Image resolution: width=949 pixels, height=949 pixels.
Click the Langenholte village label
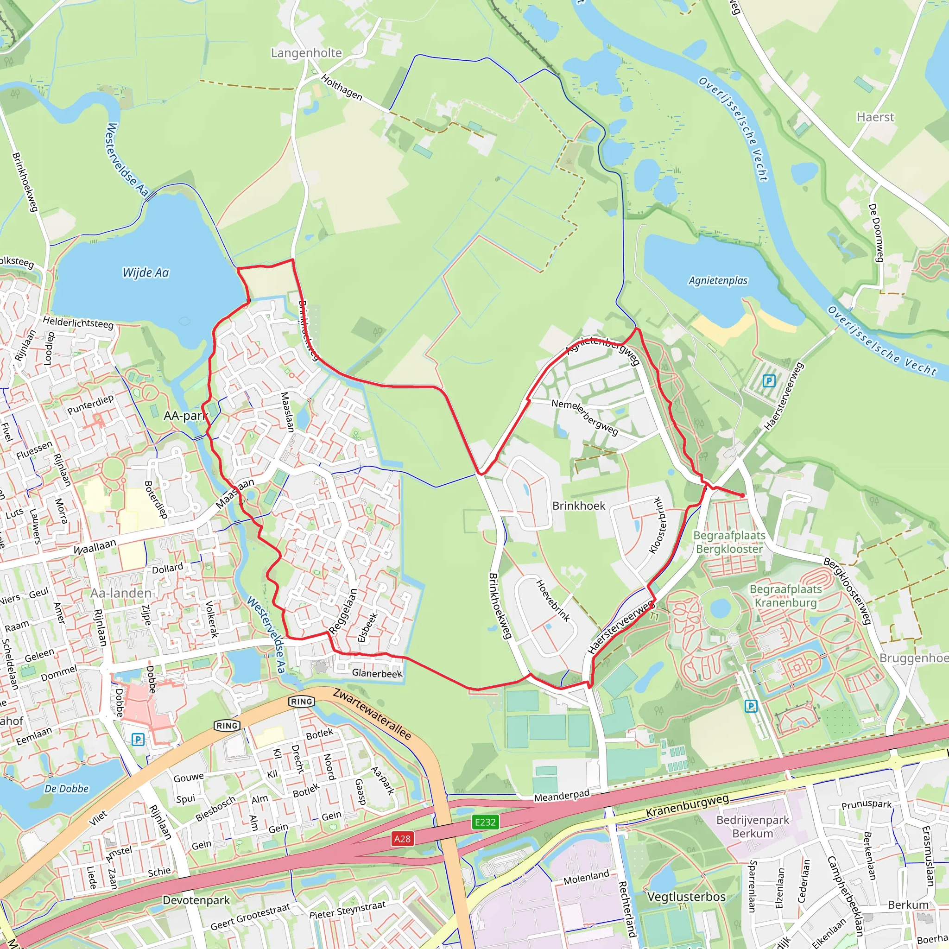coord(306,53)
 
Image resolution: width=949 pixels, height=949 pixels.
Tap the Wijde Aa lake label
coord(146,272)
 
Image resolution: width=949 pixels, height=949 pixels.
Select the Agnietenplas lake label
coord(718,280)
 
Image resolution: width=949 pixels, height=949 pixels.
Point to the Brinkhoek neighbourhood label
coord(579,506)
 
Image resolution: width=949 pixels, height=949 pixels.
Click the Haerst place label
coord(875,117)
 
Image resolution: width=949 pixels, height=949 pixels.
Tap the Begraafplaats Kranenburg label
coord(785,596)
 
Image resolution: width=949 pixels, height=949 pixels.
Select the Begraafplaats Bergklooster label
coord(729,542)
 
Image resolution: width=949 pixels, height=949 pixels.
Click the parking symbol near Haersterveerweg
coord(769,381)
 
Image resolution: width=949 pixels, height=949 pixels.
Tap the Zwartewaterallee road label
coord(372,714)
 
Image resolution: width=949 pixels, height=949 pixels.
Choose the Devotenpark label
coord(196,900)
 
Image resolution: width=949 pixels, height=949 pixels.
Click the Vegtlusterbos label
coord(686,897)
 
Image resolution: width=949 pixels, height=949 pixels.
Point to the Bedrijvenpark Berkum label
coord(753,827)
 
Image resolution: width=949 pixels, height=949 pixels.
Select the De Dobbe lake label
coord(66,789)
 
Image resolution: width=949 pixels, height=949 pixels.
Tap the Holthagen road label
coord(342,88)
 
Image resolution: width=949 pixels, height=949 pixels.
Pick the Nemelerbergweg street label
coord(584,417)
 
